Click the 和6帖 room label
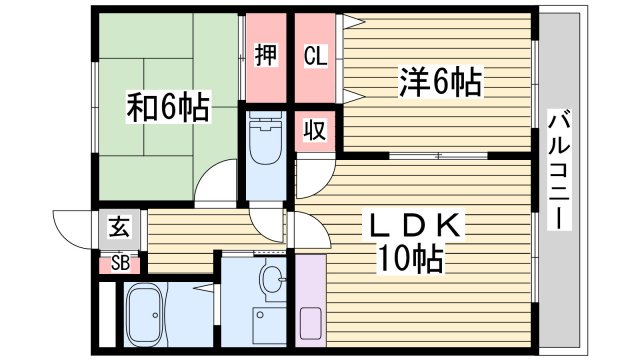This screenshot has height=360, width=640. (168, 107)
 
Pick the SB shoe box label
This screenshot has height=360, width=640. (119, 264)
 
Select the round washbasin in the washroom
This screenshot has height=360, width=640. (270, 280)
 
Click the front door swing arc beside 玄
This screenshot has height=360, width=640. (72, 226)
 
